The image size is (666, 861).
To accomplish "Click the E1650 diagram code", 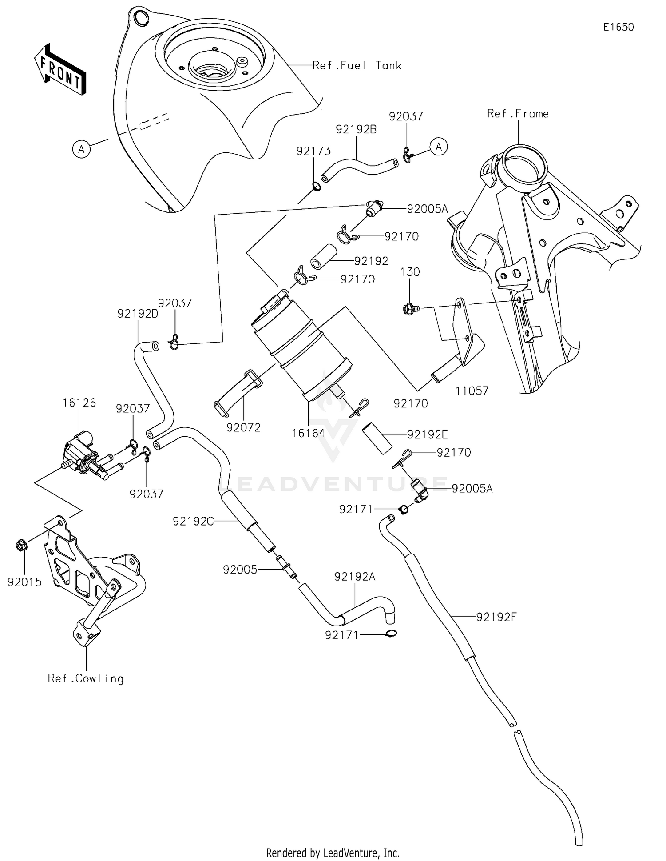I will tap(618, 27).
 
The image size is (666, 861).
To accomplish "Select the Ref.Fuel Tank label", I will tap(357, 66).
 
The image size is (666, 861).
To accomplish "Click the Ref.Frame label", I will tap(518, 114).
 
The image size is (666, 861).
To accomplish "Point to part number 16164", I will tap(308, 433).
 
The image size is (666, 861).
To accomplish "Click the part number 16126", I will tap(79, 403).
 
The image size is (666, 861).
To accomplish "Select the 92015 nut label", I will tap(24, 582).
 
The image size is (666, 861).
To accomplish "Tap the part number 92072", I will tap(243, 427).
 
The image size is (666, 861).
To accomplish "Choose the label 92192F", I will tap(496, 617).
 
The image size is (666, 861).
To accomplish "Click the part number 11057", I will tap(472, 391).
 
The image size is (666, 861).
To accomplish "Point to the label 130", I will tap(410, 272).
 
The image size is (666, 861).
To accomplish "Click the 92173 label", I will tap(313, 151).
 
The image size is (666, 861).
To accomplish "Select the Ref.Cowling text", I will tap(86, 678).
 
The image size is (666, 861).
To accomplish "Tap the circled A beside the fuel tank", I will tap(81, 149).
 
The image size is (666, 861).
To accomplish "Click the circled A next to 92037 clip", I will tap(439, 147).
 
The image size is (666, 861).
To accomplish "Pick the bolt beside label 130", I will tap(408, 308).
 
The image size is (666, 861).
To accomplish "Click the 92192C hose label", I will tap(193, 521).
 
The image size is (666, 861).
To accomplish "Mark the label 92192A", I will tap(355, 577).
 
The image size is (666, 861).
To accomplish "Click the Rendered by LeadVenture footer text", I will tap(333, 853).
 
